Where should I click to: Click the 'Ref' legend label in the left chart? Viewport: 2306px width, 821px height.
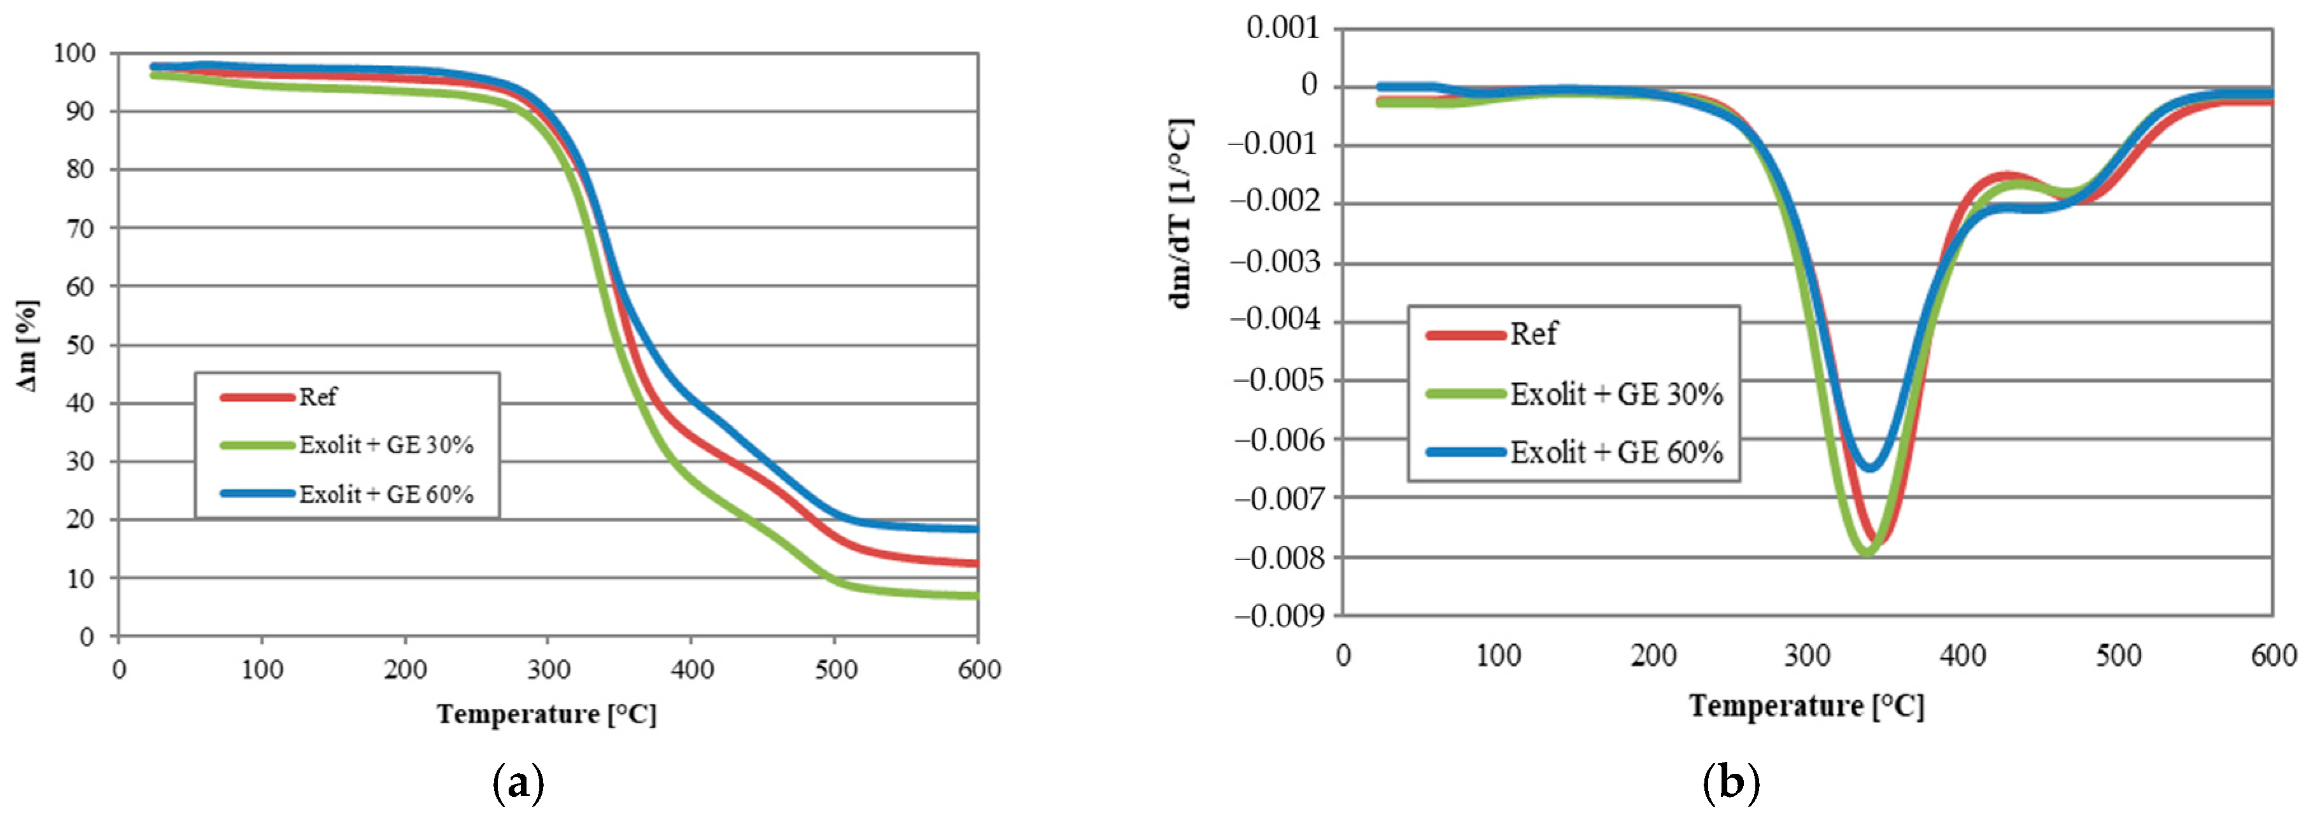pos(317,396)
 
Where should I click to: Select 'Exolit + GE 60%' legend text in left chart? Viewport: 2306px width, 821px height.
pos(386,495)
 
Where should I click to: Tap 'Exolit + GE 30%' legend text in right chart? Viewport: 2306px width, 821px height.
pos(1616,394)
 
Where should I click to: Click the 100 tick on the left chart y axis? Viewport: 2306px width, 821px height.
pos(73,53)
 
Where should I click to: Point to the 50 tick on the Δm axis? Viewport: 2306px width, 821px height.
pos(81,346)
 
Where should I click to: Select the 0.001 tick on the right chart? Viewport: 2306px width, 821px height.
pos(1283,29)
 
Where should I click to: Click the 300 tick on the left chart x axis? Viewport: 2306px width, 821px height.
pos(548,670)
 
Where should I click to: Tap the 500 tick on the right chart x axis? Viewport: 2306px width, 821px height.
pos(2118,656)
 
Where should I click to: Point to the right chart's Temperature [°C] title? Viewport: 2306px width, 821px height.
pos(1806,706)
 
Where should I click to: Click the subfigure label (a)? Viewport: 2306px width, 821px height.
pos(518,783)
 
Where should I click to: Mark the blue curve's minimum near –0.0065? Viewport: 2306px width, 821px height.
pos(1869,467)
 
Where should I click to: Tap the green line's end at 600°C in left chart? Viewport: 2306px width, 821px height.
pos(976,595)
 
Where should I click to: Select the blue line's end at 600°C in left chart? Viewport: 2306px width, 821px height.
pos(976,529)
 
